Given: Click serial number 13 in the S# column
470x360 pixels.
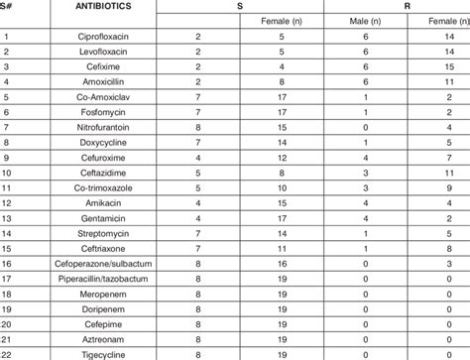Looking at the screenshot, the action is click(x=9, y=216).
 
